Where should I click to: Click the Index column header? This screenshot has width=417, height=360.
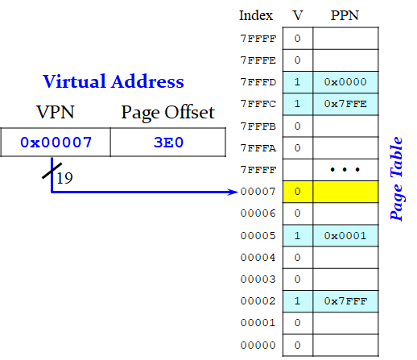click(x=256, y=15)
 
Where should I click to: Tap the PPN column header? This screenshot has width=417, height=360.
click(x=345, y=15)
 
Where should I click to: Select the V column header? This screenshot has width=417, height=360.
click(x=297, y=15)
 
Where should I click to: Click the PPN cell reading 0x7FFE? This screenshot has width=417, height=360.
click(x=345, y=104)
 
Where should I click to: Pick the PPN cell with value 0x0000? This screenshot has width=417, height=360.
click(x=345, y=82)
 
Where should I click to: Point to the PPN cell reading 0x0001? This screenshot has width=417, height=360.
click(x=345, y=236)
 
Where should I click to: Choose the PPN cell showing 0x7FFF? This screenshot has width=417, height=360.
click(x=345, y=301)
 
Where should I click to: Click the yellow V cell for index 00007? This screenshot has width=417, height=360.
click(x=298, y=192)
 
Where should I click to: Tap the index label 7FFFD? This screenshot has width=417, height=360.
click(x=258, y=82)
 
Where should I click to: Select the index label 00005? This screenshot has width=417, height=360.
click(x=258, y=236)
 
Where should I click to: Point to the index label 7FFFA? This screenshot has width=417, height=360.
click(x=258, y=148)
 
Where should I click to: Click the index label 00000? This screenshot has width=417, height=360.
click(x=258, y=345)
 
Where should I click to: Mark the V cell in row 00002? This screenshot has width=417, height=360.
click(x=298, y=301)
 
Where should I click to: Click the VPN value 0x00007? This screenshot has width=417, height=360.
click(x=56, y=143)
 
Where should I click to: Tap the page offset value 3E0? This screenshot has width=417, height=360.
click(x=168, y=143)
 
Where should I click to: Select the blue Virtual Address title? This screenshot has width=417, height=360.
click(x=114, y=81)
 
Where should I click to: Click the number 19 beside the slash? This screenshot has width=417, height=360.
click(x=64, y=178)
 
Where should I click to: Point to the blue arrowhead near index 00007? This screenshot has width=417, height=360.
click(x=233, y=192)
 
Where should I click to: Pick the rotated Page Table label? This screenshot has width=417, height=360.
click(x=397, y=179)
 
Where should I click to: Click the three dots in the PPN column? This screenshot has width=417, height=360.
click(x=345, y=169)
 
